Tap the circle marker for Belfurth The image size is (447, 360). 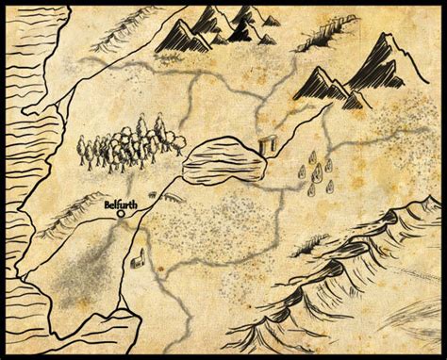[x=122, y=214]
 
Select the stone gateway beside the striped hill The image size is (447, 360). [x=266, y=146]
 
